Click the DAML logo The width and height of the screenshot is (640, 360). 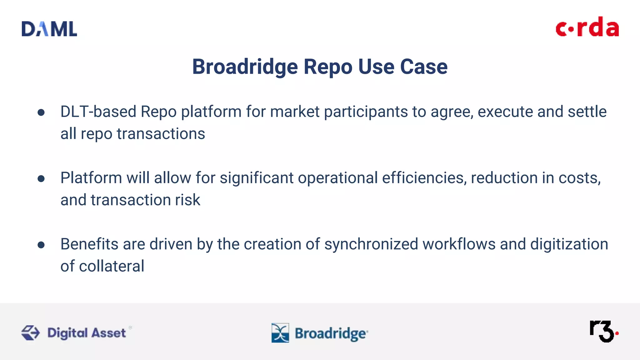(49, 29)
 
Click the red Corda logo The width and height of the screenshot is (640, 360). (587, 27)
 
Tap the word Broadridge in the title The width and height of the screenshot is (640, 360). (245, 67)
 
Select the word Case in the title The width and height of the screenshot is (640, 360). (424, 67)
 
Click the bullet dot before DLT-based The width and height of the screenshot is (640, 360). (41, 112)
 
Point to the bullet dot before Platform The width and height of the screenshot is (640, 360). (41, 179)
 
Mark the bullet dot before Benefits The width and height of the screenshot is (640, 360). (41, 245)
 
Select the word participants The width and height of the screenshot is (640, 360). (366, 112)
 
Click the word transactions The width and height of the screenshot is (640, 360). (161, 134)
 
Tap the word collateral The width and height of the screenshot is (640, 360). (112, 266)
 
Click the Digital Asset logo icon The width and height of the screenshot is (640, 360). (30, 332)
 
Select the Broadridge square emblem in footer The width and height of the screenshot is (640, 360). (280, 333)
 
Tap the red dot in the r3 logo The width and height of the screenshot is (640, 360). (617, 333)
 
